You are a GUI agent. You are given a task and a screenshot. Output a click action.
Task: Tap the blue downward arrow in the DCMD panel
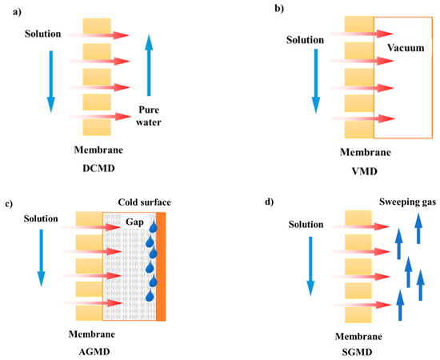[x=50, y=80]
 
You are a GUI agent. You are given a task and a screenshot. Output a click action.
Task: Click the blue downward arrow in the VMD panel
[x=316, y=80]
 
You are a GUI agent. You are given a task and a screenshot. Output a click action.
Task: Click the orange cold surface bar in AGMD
[x=161, y=266]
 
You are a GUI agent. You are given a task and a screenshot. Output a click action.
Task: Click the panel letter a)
[x=10, y=10]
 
